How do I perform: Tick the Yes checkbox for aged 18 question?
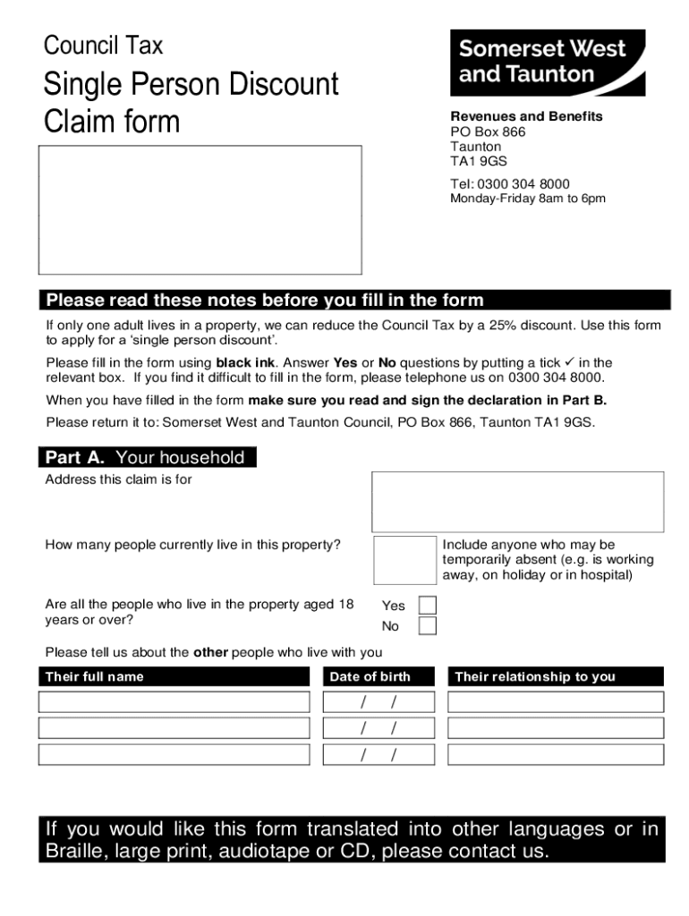click(428, 606)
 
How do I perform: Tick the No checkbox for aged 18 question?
click(428, 626)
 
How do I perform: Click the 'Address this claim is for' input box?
click(517, 502)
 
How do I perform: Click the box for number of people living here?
click(404, 560)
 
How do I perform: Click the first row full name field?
click(174, 702)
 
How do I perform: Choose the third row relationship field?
click(556, 755)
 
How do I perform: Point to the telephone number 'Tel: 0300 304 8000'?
click(509, 183)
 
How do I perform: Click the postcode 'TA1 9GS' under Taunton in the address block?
click(478, 161)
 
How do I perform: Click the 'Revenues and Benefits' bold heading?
click(525, 116)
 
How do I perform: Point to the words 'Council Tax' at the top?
click(104, 45)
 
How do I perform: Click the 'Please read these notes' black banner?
click(353, 300)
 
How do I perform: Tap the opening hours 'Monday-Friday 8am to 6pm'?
click(527, 199)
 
